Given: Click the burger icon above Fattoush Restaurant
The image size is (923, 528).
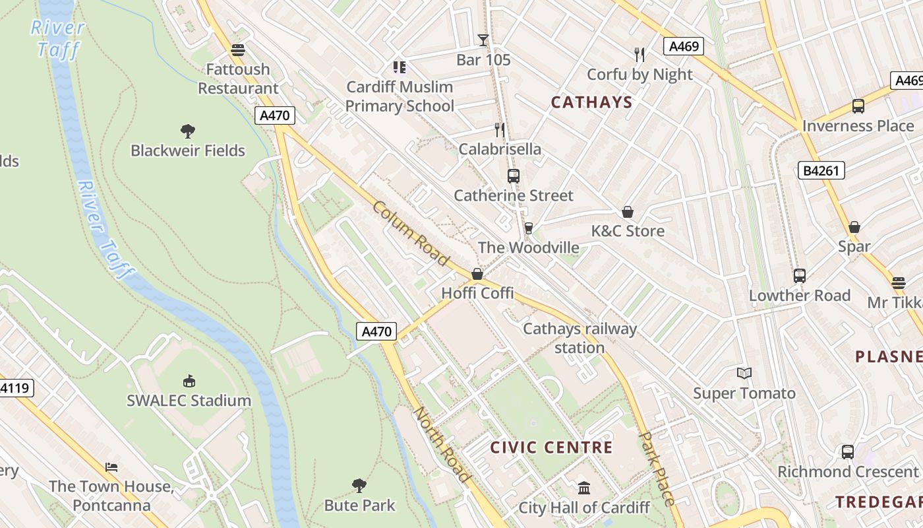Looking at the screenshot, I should (x=238, y=50).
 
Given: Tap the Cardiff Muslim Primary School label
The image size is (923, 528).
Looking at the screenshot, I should (x=400, y=96).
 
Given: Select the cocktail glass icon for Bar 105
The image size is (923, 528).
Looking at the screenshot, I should (x=483, y=40).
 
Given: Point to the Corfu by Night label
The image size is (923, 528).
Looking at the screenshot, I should (x=640, y=75).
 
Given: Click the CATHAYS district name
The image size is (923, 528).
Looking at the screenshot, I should (x=591, y=102).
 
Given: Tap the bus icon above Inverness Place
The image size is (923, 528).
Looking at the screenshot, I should (x=858, y=106).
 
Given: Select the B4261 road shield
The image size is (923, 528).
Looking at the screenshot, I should (x=821, y=171).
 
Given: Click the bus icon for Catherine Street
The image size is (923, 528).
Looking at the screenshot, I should (x=514, y=176).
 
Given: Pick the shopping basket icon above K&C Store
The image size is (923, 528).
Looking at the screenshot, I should (x=628, y=212).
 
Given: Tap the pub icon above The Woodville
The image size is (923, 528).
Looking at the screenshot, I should (x=528, y=228).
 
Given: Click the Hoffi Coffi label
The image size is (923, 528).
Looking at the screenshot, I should (x=477, y=293).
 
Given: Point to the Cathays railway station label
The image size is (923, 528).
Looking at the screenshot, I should (x=580, y=338).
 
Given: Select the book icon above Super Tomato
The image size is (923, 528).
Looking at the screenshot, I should (x=744, y=374).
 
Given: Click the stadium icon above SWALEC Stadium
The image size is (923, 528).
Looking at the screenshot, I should (x=189, y=381).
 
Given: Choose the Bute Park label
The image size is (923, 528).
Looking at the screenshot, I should (x=359, y=506).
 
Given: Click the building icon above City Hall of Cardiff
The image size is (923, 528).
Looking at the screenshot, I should (x=584, y=488).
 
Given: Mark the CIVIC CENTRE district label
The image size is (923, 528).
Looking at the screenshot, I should (x=551, y=447).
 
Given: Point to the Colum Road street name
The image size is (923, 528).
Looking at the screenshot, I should (x=411, y=234).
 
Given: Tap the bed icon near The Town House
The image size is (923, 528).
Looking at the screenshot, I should (x=111, y=467).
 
